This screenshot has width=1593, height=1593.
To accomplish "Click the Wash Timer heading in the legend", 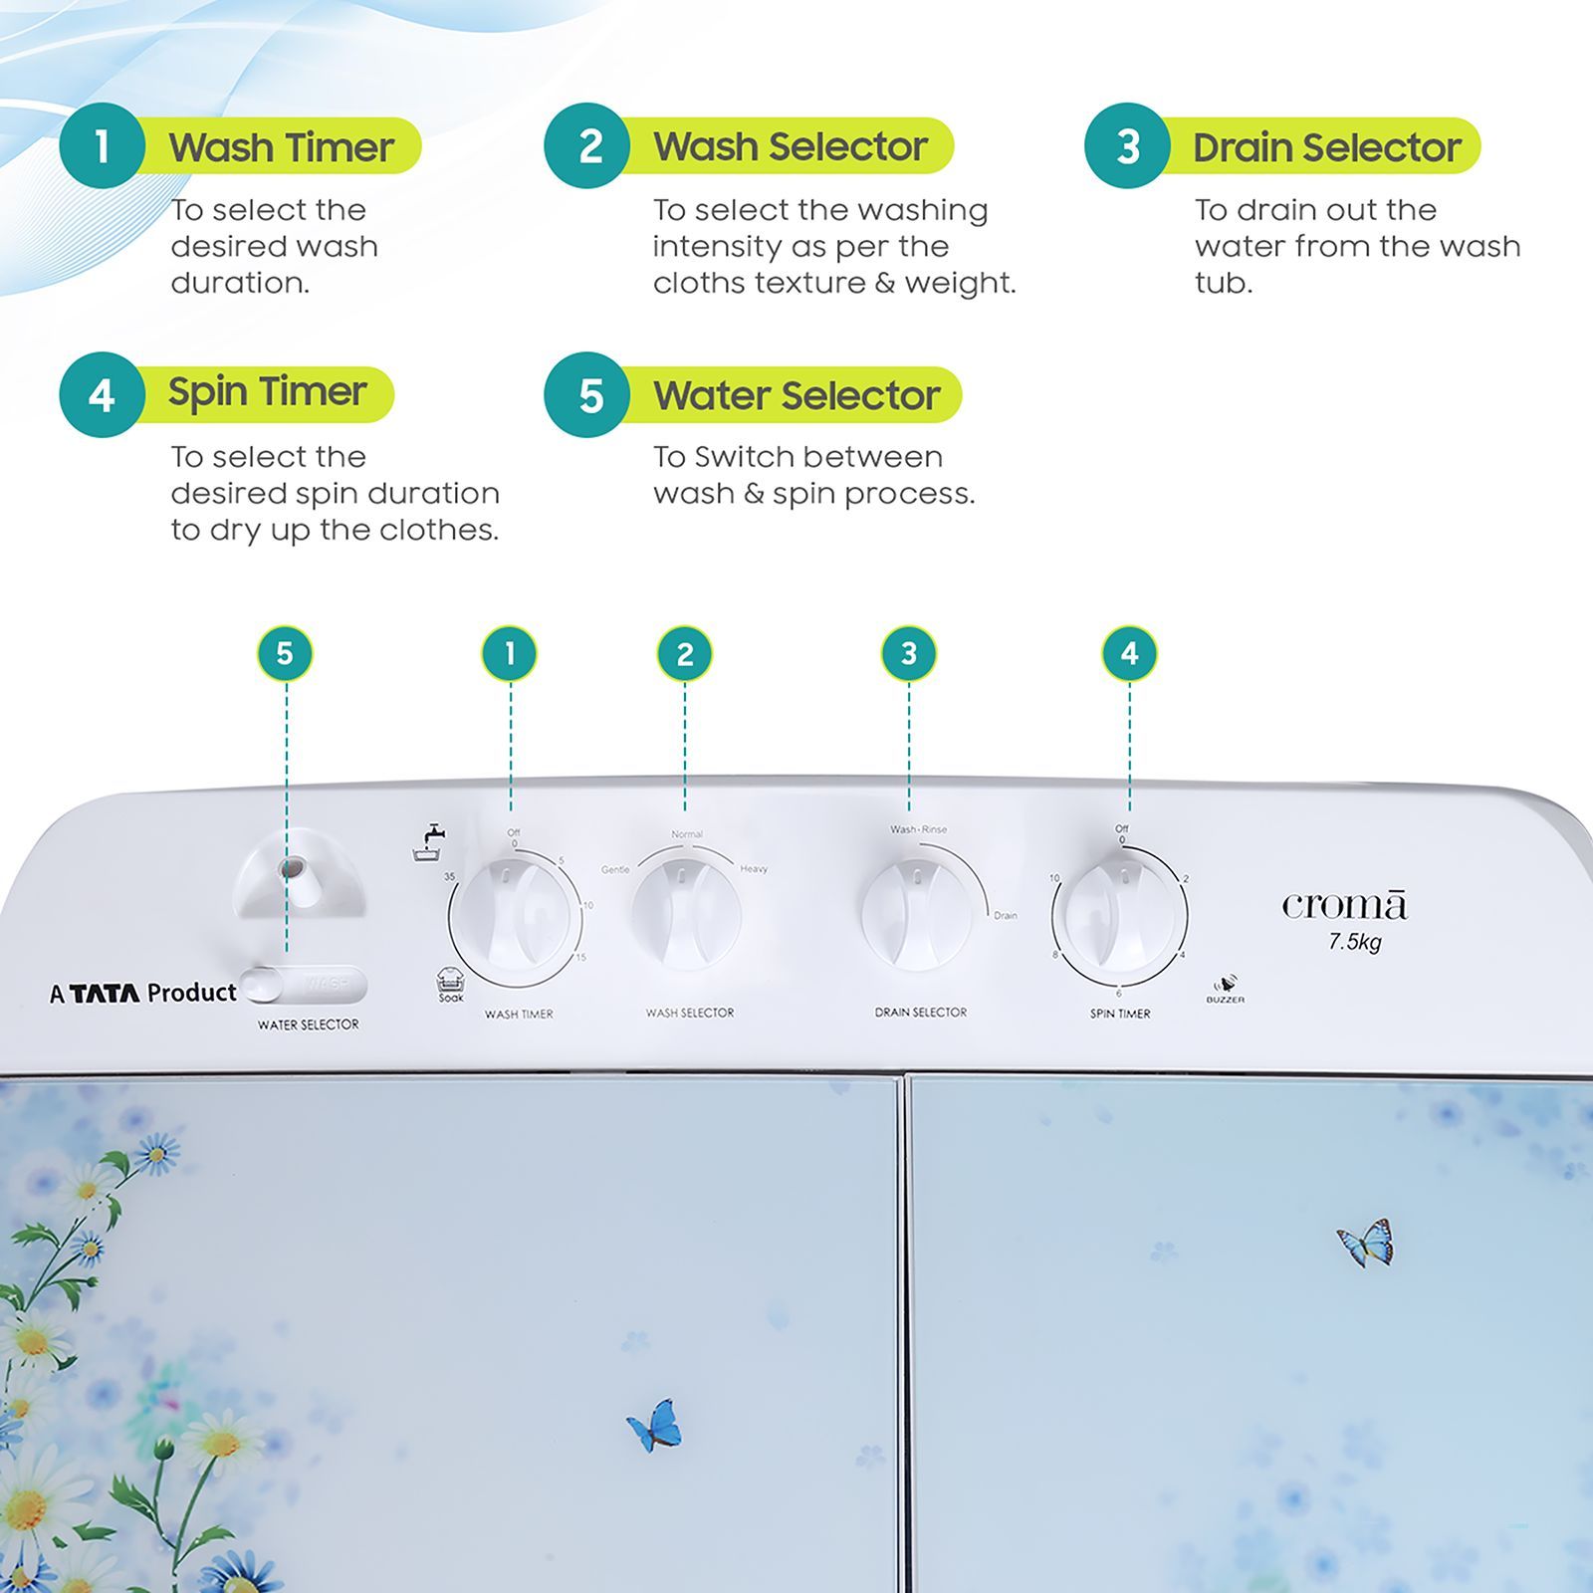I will click(281, 147).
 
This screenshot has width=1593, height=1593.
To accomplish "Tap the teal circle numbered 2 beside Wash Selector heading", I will click(589, 145).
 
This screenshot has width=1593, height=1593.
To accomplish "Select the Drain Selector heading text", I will click(1326, 147).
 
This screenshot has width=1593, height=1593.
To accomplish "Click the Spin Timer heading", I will click(267, 391).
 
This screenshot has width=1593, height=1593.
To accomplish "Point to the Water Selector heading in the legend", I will click(796, 395).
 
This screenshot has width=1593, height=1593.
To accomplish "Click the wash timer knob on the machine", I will click(515, 914).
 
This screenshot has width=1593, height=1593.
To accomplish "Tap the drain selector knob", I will click(916, 914).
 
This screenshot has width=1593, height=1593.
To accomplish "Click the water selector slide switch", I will click(305, 985).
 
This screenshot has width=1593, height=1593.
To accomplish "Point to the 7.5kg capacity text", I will click(1354, 941).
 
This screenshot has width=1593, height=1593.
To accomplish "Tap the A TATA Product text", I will click(143, 992).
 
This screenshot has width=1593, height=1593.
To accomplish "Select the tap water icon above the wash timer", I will click(429, 842).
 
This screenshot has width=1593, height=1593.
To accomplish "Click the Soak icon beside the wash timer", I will click(450, 983).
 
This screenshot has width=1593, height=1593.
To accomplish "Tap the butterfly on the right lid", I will click(1366, 1243).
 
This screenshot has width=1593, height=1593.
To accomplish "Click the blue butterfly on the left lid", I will click(655, 1425).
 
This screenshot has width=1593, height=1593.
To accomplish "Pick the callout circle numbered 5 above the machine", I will click(285, 653).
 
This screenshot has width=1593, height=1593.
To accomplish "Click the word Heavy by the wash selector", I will click(754, 869).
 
